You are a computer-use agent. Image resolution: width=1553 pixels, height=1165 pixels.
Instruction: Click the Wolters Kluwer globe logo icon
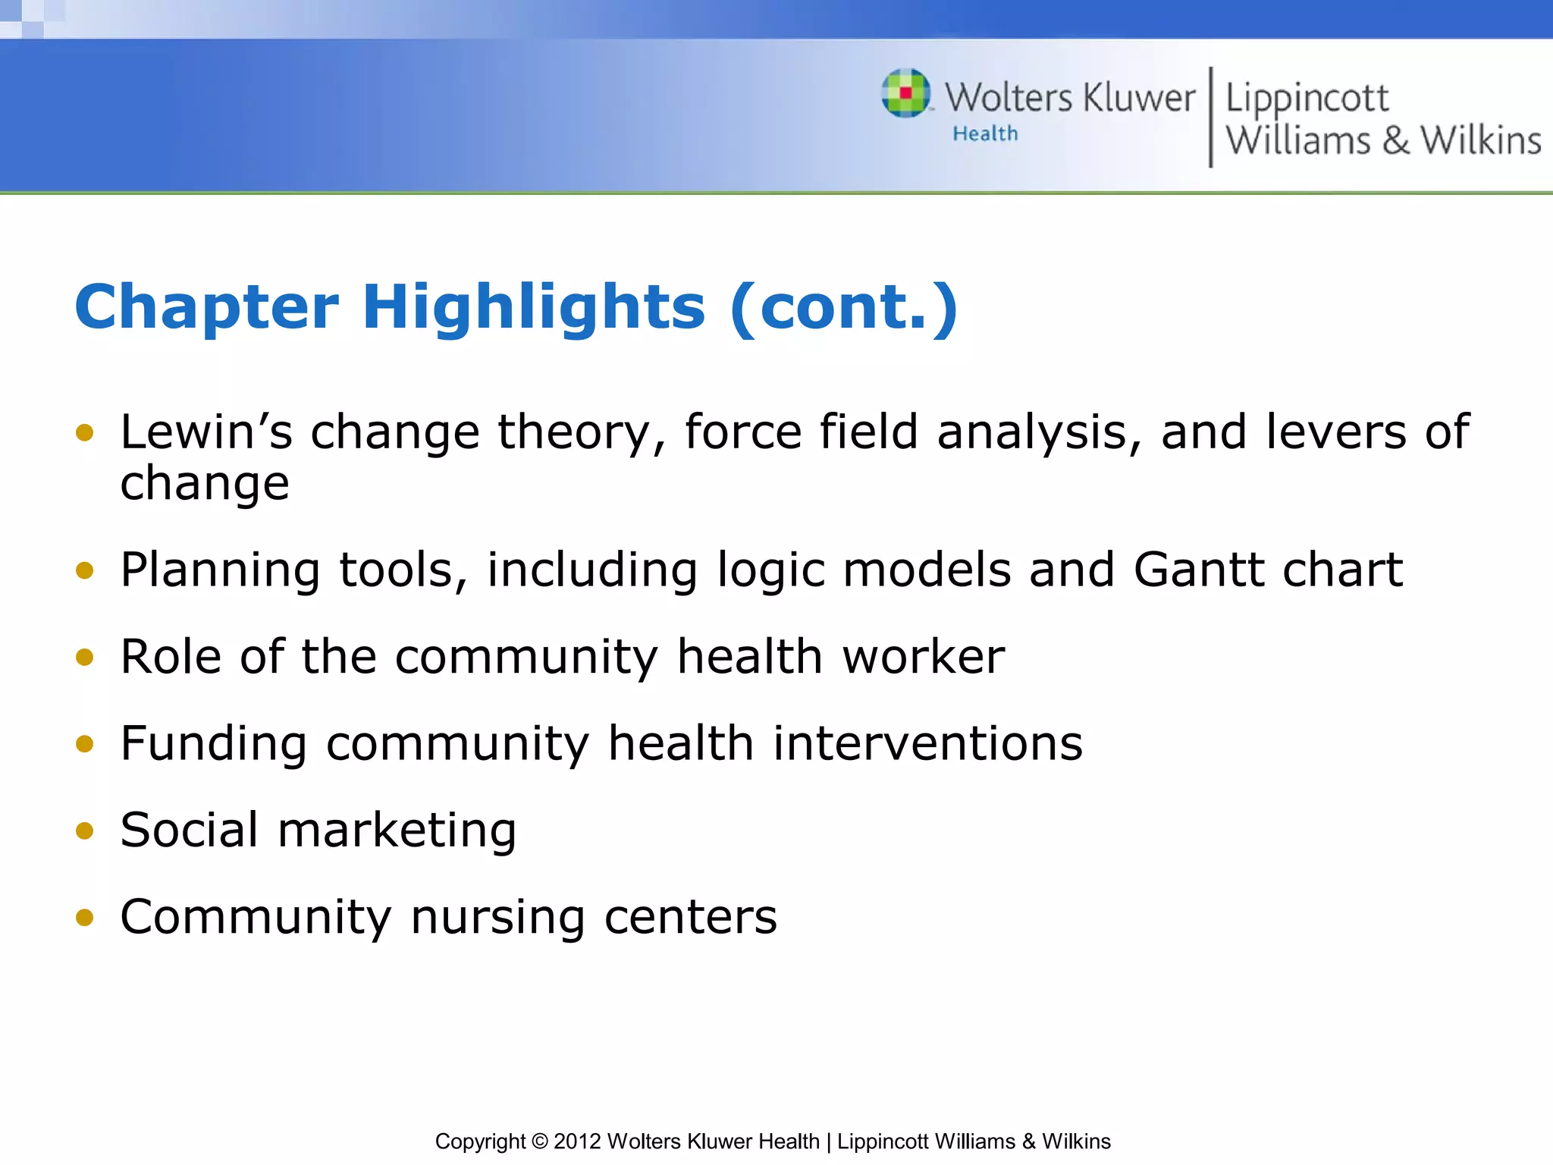click(x=905, y=93)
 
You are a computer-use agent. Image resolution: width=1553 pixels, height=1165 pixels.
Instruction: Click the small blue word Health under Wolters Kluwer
click(x=985, y=134)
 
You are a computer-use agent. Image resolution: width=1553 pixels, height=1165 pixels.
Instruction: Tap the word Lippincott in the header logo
click(x=1307, y=99)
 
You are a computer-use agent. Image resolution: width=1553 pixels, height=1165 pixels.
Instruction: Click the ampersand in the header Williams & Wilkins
click(x=1395, y=141)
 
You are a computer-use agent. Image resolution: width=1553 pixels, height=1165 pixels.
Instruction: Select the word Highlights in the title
click(x=534, y=307)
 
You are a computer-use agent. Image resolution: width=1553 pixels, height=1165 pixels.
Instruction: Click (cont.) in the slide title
click(x=844, y=307)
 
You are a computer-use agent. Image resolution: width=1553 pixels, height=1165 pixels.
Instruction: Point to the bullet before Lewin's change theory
click(x=85, y=433)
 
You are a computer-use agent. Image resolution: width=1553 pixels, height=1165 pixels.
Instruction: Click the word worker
click(x=924, y=657)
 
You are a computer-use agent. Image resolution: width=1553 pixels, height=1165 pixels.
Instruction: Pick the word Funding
click(x=214, y=744)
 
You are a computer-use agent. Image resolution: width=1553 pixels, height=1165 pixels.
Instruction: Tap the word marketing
click(x=397, y=831)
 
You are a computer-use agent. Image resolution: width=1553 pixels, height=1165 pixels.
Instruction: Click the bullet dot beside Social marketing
click(x=85, y=831)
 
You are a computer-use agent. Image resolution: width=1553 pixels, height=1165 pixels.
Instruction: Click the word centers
click(x=691, y=918)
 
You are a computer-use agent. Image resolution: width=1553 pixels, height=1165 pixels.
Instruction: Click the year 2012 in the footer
click(x=577, y=1141)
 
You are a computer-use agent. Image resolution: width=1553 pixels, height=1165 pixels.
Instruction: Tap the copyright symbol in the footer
click(x=539, y=1141)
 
